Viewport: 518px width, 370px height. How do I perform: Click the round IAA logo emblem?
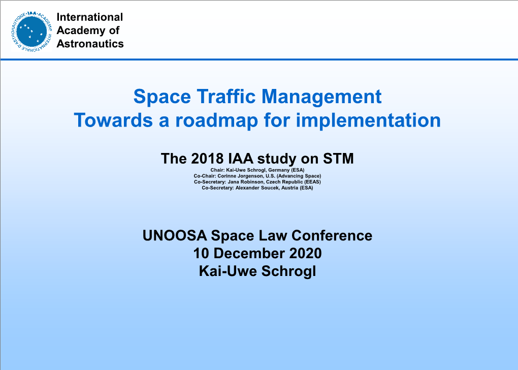pyautogui.click(x=32, y=30)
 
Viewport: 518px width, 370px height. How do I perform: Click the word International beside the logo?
pyautogui.click(x=90, y=17)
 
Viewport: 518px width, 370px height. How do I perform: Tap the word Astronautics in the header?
pyautogui.click(x=90, y=44)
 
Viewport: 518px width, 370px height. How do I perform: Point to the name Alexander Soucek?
pyautogui.click(x=255, y=188)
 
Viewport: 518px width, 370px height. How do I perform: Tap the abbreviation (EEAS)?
pyautogui.click(x=312, y=181)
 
